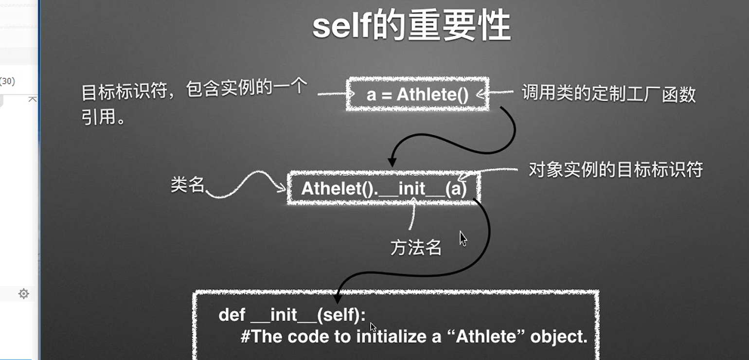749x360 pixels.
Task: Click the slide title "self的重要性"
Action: tap(411, 26)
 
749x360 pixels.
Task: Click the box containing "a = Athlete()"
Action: tap(417, 94)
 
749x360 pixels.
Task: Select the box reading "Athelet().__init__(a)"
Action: tap(383, 188)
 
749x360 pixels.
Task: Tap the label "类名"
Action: tap(187, 185)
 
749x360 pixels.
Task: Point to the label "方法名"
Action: tap(416, 248)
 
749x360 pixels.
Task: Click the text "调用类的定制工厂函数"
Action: tap(609, 93)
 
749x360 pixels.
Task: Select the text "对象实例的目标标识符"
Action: tap(616, 170)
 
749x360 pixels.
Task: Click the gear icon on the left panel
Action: tap(23, 293)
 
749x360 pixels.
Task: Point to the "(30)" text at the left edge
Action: tap(7, 81)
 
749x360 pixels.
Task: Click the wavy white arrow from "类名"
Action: tap(243, 185)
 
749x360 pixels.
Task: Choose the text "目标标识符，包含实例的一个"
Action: tap(195, 90)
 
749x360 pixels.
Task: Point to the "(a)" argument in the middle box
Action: tap(456, 189)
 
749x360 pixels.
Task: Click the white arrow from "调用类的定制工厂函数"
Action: tap(496, 93)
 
